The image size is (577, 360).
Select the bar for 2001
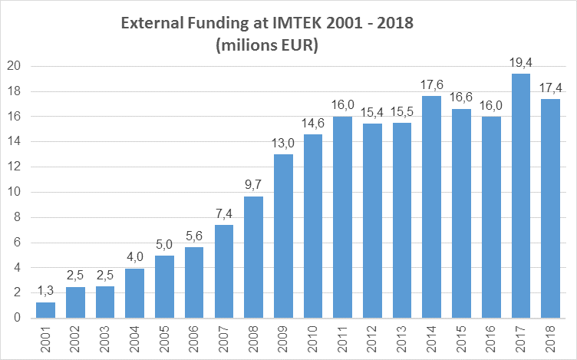point(46,310)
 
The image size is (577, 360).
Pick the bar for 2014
point(431,207)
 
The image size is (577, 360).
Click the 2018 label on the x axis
point(550,338)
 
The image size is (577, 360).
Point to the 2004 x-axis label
point(135,338)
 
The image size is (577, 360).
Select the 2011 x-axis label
point(343,338)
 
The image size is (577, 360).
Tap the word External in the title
point(149,25)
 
